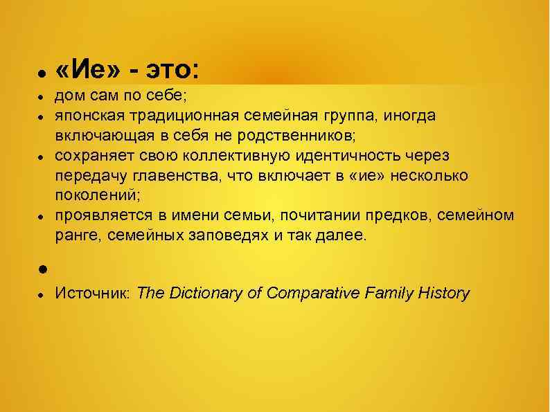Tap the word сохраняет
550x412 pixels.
(x=92, y=156)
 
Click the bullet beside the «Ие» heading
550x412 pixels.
(x=42, y=73)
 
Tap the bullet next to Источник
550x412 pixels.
(x=42, y=295)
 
